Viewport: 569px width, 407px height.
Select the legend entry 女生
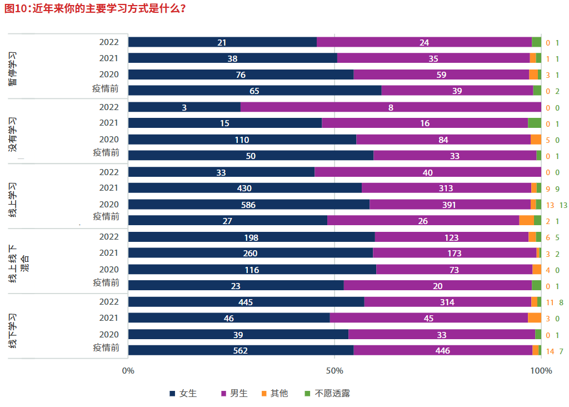(183, 393)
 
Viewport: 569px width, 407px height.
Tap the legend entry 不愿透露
(327, 393)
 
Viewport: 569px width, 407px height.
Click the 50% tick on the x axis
(335, 371)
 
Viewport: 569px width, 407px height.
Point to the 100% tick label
(541, 371)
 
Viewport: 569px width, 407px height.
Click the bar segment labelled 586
(248, 205)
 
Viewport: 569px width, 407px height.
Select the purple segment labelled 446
(443, 350)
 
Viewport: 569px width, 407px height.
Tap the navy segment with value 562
(241, 350)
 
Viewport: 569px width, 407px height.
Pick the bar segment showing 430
(244, 188)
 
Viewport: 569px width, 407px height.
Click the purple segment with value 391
(450, 205)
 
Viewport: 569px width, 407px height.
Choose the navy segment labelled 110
(242, 140)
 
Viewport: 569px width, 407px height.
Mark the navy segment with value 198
(251, 237)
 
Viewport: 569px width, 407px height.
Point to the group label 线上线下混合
(19, 262)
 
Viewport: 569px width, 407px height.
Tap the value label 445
(246, 302)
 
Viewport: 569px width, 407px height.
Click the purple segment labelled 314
(447, 302)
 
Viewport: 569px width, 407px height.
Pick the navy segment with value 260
(250, 253)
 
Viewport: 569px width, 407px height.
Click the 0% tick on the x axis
(128, 371)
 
